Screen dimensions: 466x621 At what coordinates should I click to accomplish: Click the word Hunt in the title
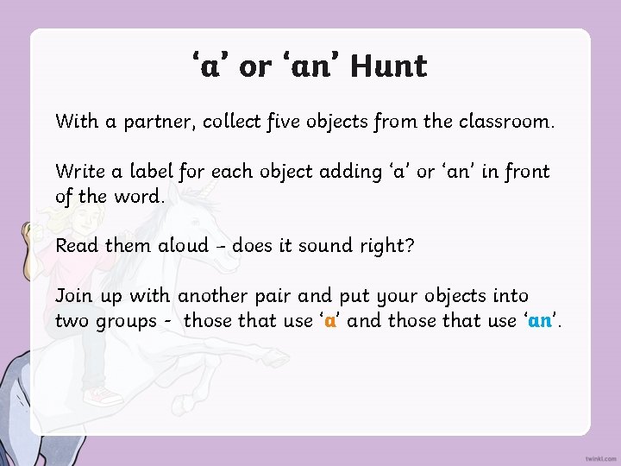pos(389,66)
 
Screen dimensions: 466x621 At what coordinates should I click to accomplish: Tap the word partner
pos(153,122)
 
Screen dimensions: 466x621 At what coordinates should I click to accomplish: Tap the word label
pos(152,171)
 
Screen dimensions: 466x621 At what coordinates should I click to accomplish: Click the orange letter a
pos(329,322)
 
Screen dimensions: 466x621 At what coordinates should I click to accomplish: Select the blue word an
pos(540,322)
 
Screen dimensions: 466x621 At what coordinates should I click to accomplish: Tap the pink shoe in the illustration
pos(104,396)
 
